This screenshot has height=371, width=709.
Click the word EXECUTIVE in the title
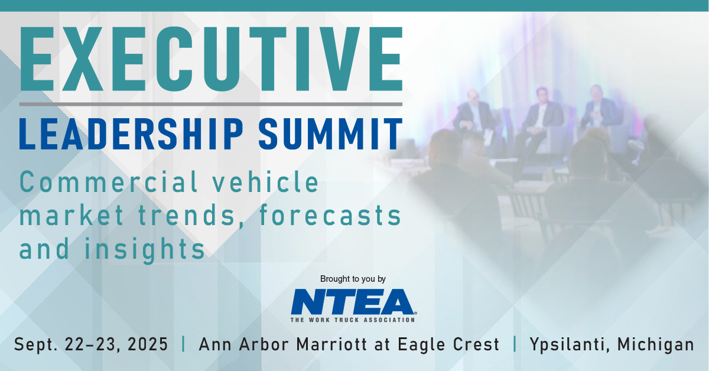(x=211, y=59)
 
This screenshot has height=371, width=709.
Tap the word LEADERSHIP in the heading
(x=131, y=134)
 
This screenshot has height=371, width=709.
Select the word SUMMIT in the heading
(x=330, y=134)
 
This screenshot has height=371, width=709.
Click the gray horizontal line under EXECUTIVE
(x=211, y=104)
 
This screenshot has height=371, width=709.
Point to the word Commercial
(x=109, y=181)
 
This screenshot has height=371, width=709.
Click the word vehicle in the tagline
(x=265, y=181)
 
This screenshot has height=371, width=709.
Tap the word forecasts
(x=330, y=215)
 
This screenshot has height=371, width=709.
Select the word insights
(x=145, y=249)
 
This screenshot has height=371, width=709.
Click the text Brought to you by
(x=353, y=279)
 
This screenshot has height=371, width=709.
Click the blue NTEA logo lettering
(x=353, y=302)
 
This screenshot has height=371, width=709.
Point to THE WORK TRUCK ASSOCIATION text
(x=353, y=320)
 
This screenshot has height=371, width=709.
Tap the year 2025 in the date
(x=148, y=344)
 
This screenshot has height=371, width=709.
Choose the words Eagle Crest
(x=448, y=344)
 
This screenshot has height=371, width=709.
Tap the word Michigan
(x=655, y=344)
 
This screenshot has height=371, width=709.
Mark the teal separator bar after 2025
(x=184, y=344)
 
